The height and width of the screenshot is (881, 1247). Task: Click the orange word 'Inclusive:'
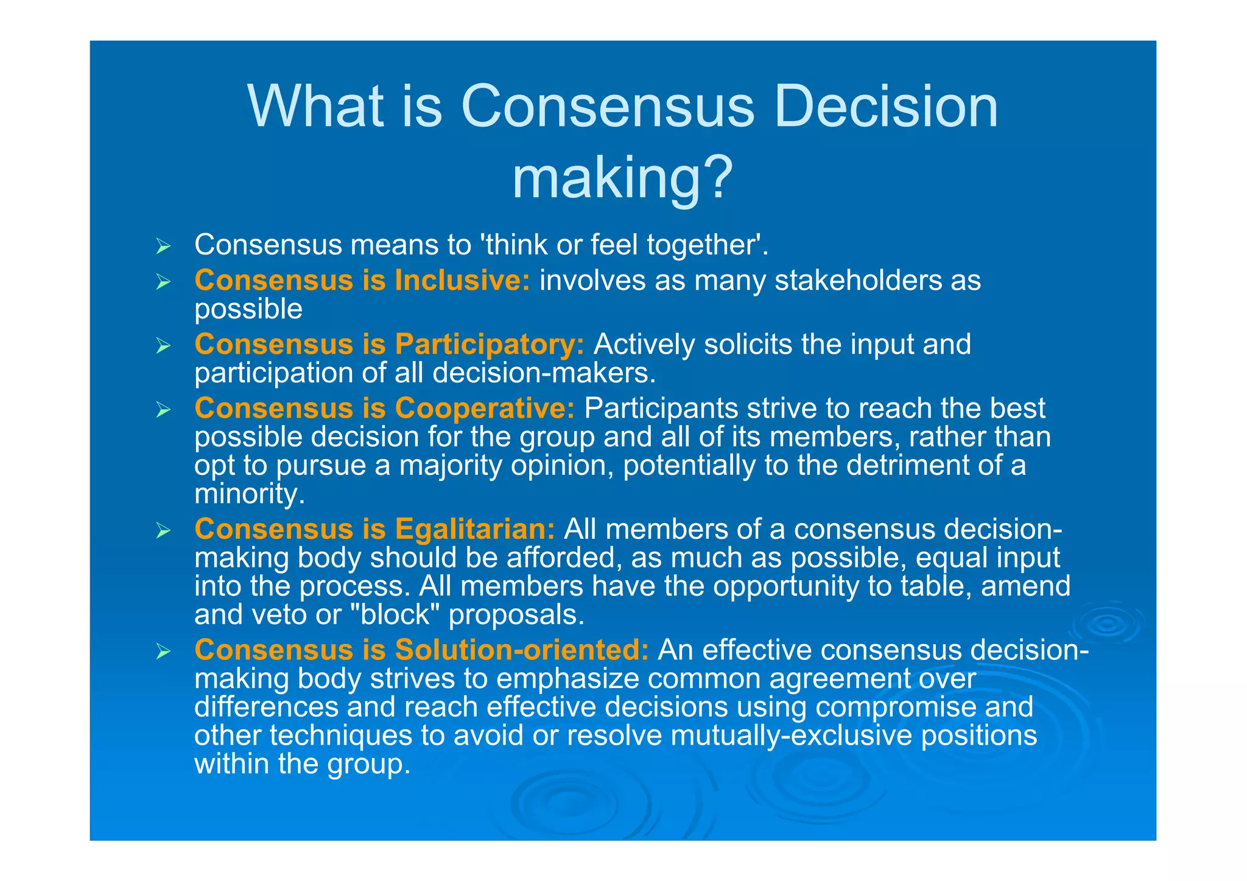462,281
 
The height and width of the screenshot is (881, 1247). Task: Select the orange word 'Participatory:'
490,345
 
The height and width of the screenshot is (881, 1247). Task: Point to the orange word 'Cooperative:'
485,409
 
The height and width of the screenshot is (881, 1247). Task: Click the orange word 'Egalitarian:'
475,529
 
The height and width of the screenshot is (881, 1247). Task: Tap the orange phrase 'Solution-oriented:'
522,650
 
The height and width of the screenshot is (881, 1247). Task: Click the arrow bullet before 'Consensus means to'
163,247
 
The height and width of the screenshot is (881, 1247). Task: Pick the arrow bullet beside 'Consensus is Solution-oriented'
163,651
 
